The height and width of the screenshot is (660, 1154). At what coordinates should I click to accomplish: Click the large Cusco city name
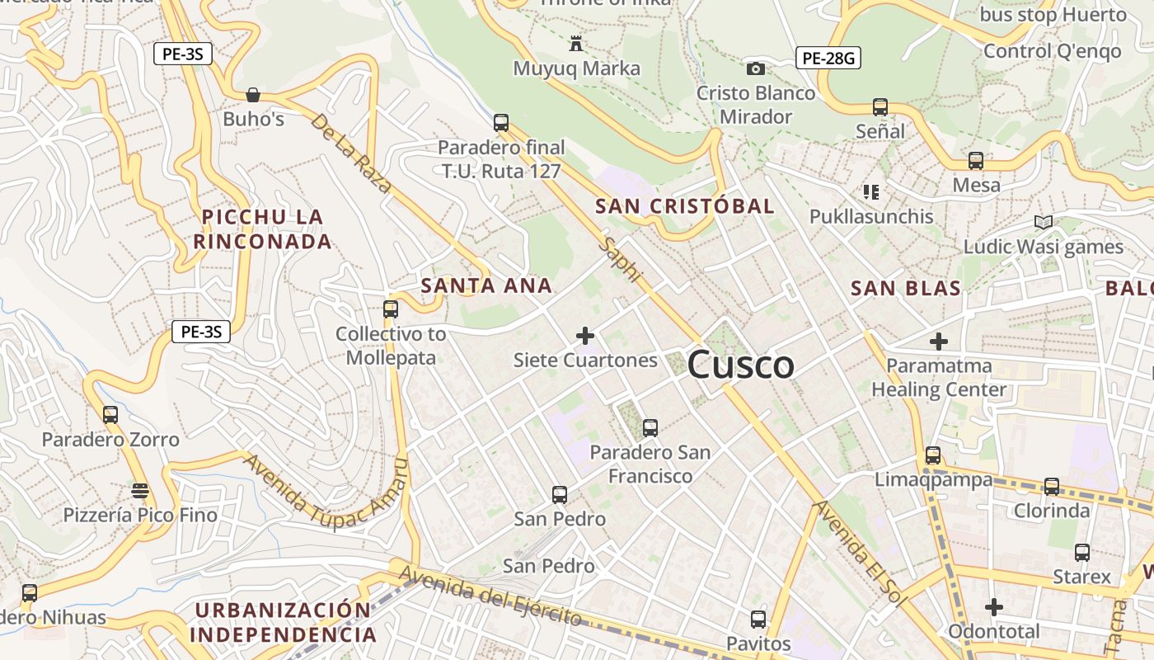click(x=740, y=365)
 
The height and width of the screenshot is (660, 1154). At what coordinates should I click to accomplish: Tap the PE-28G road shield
click(x=828, y=58)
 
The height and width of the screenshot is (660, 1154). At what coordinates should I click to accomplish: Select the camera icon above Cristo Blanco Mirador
click(x=755, y=68)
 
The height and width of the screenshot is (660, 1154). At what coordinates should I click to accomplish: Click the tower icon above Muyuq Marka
click(x=576, y=44)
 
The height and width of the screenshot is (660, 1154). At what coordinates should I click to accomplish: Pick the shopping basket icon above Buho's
click(x=253, y=95)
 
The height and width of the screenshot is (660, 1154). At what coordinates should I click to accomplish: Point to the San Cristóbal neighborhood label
click(x=685, y=206)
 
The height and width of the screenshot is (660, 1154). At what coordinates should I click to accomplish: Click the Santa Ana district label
click(x=486, y=286)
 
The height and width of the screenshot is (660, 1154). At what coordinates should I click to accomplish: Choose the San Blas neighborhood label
click(x=906, y=289)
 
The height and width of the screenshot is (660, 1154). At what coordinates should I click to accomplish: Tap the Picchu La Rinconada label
click(x=263, y=229)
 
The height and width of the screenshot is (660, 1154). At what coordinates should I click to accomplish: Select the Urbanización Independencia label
click(x=283, y=623)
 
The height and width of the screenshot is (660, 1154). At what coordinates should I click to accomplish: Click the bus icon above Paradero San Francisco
click(x=650, y=428)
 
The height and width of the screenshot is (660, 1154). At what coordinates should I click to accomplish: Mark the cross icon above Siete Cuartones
click(x=585, y=336)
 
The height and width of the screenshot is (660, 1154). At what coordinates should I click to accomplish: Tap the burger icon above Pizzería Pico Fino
click(x=140, y=492)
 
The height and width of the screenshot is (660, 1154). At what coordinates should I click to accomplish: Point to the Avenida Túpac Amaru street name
click(x=326, y=493)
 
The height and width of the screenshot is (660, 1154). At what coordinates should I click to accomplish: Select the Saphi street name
click(x=622, y=259)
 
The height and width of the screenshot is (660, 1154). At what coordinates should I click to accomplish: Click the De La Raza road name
click(x=350, y=153)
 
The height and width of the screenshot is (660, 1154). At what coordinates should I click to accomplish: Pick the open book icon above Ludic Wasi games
click(x=1044, y=222)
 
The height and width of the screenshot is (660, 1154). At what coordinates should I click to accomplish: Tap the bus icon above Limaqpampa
click(x=933, y=455)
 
